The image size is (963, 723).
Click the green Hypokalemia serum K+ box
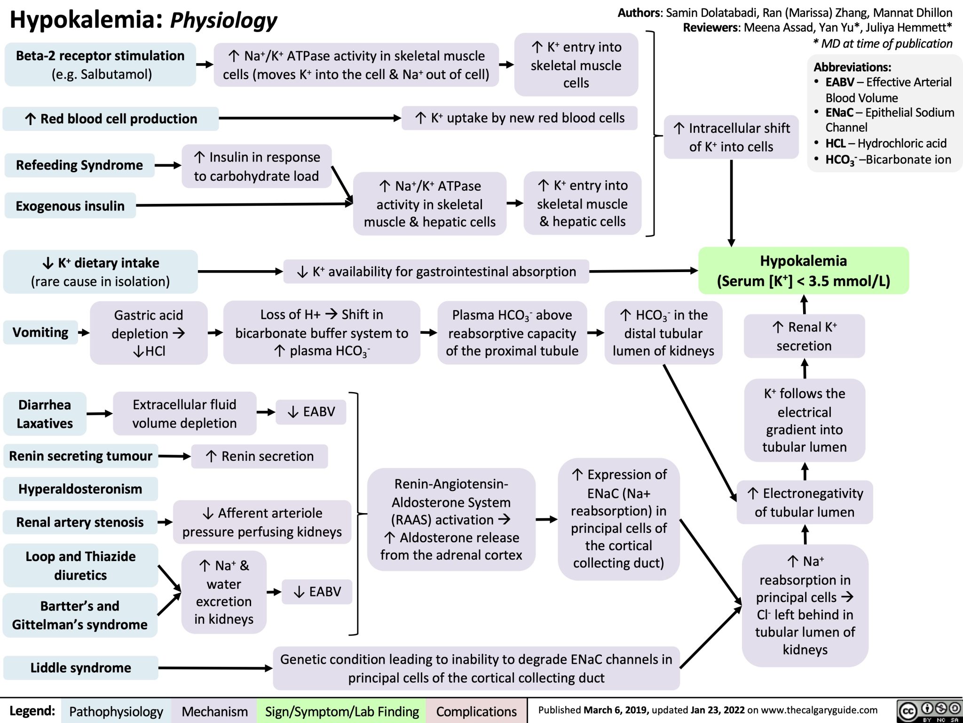tap(803, 271)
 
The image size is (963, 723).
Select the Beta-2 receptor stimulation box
tap(100, 64)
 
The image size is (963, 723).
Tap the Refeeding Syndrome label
tap(79, 165)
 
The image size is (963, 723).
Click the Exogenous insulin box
tap(70, 206)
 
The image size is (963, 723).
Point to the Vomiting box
tap(40, 332)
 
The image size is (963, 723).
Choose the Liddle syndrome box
tap(80, 667)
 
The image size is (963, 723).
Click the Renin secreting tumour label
tap(80, 456)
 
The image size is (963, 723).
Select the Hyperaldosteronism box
tap(80, 489)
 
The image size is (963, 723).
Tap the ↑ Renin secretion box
tap(260, 456)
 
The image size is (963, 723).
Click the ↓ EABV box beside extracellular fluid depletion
tap(311, 412)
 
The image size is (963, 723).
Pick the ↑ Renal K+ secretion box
tap(804, 336)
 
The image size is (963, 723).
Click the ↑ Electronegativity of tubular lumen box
tap(805, 502)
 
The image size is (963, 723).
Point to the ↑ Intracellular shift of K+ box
tap(731, 137)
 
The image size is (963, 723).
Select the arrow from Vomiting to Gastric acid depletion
tap(84, 333)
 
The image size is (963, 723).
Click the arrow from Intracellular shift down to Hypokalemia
tap(732, 202)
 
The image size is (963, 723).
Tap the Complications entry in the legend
tap(476, 711)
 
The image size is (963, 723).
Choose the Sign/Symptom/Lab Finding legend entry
tap(341, 711)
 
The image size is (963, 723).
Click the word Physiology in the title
tap(223, 20)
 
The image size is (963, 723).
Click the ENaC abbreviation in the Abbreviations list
tap(839, 112)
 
